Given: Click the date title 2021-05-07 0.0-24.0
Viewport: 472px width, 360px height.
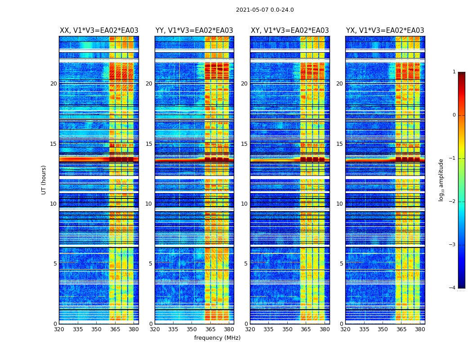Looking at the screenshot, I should (x=265, y=10).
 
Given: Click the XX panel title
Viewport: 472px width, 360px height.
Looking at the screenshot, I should (x=99, y=31).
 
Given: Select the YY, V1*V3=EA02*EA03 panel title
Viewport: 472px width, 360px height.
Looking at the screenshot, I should (x=194, y=31).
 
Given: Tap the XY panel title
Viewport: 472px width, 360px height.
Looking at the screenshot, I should (x=289, y=31).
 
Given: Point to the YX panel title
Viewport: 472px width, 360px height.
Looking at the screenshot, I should (x=385, y=31).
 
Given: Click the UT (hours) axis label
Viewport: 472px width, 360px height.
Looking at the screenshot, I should (x=44, y=180).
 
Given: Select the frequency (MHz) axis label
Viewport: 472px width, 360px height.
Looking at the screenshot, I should (x=217, y=338).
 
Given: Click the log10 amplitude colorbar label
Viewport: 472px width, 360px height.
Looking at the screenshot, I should (x=441, y=180).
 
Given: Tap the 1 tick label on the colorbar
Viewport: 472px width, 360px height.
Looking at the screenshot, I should (x=454, y=72).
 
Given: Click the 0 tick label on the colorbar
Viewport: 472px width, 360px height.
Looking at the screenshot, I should (x=454, y=115).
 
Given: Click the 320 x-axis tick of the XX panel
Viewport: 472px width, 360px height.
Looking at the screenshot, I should (x=59, y=329).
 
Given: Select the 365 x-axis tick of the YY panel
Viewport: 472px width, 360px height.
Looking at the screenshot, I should (x=210, y=329).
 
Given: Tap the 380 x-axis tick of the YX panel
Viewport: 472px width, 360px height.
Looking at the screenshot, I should (x=420, y=329).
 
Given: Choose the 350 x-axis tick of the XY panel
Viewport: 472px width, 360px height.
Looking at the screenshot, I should (x=287, y=329).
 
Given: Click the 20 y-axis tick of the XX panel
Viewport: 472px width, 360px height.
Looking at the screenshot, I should (x=53, y=84).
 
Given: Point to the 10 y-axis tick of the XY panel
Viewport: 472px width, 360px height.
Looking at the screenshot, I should (x=244, y=204).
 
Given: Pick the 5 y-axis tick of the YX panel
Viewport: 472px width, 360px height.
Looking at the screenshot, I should (x=341, y=264).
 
